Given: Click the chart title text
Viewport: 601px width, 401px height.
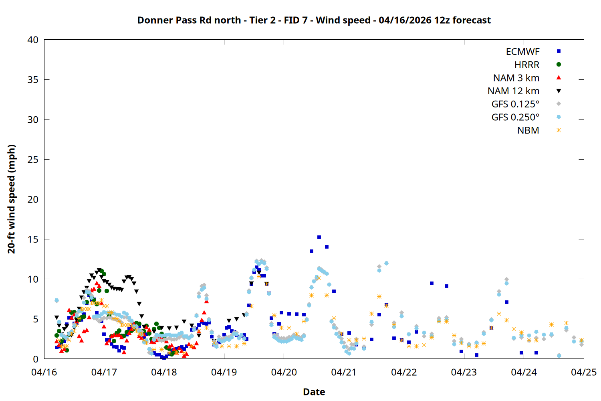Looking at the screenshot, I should point(314,20).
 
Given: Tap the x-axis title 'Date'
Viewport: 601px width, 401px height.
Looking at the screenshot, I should point(314,392).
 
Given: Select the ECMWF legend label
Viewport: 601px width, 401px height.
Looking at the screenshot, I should point(522,52).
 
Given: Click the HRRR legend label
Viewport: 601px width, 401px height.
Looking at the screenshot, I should point(527,65).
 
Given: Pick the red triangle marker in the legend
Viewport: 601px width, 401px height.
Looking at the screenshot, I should point(559,77).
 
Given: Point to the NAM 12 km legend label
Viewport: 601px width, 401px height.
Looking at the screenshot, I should point(513,91).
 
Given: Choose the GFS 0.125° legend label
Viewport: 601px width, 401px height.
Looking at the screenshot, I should point(515,104).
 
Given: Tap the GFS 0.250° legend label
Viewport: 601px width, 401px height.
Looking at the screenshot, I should point(515,117).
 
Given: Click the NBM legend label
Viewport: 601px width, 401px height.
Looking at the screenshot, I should point(528,131).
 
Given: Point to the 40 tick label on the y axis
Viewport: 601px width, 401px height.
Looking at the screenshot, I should point(33,40).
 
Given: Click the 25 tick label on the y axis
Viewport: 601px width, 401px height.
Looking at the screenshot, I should point(33,160).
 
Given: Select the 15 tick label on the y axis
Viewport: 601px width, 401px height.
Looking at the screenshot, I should point(33,239).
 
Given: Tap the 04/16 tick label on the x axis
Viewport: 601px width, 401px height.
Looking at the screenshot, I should point(44,372).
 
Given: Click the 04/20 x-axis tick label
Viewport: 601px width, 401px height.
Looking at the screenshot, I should point(284,372).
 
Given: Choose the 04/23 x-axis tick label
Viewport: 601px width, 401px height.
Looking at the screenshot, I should point(464,372).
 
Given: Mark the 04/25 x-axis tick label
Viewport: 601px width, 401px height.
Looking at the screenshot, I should point(583,372).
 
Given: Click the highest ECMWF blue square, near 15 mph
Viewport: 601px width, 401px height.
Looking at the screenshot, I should point(319,237).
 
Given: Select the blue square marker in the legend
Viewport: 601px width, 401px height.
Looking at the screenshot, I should point(559,51).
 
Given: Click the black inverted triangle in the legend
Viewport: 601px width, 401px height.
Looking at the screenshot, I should point(559,91).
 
